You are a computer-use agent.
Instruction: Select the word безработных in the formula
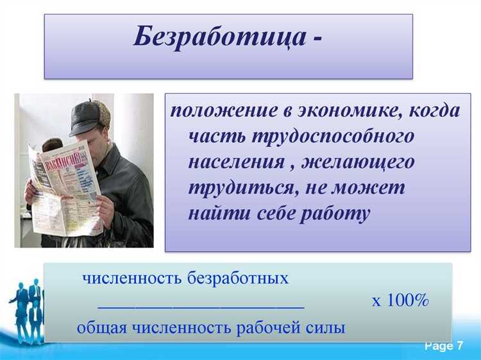pyautogui.click(x=238, y=279)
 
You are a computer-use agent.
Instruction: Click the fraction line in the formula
pyautogui.click(x=201, y=307)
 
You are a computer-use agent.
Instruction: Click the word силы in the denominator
pyautogui.click(x=325, y=327)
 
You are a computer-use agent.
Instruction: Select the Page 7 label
pyautogui.click(x=443, y=347)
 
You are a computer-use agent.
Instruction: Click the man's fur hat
pyautogui.click(x=90, y=116)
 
